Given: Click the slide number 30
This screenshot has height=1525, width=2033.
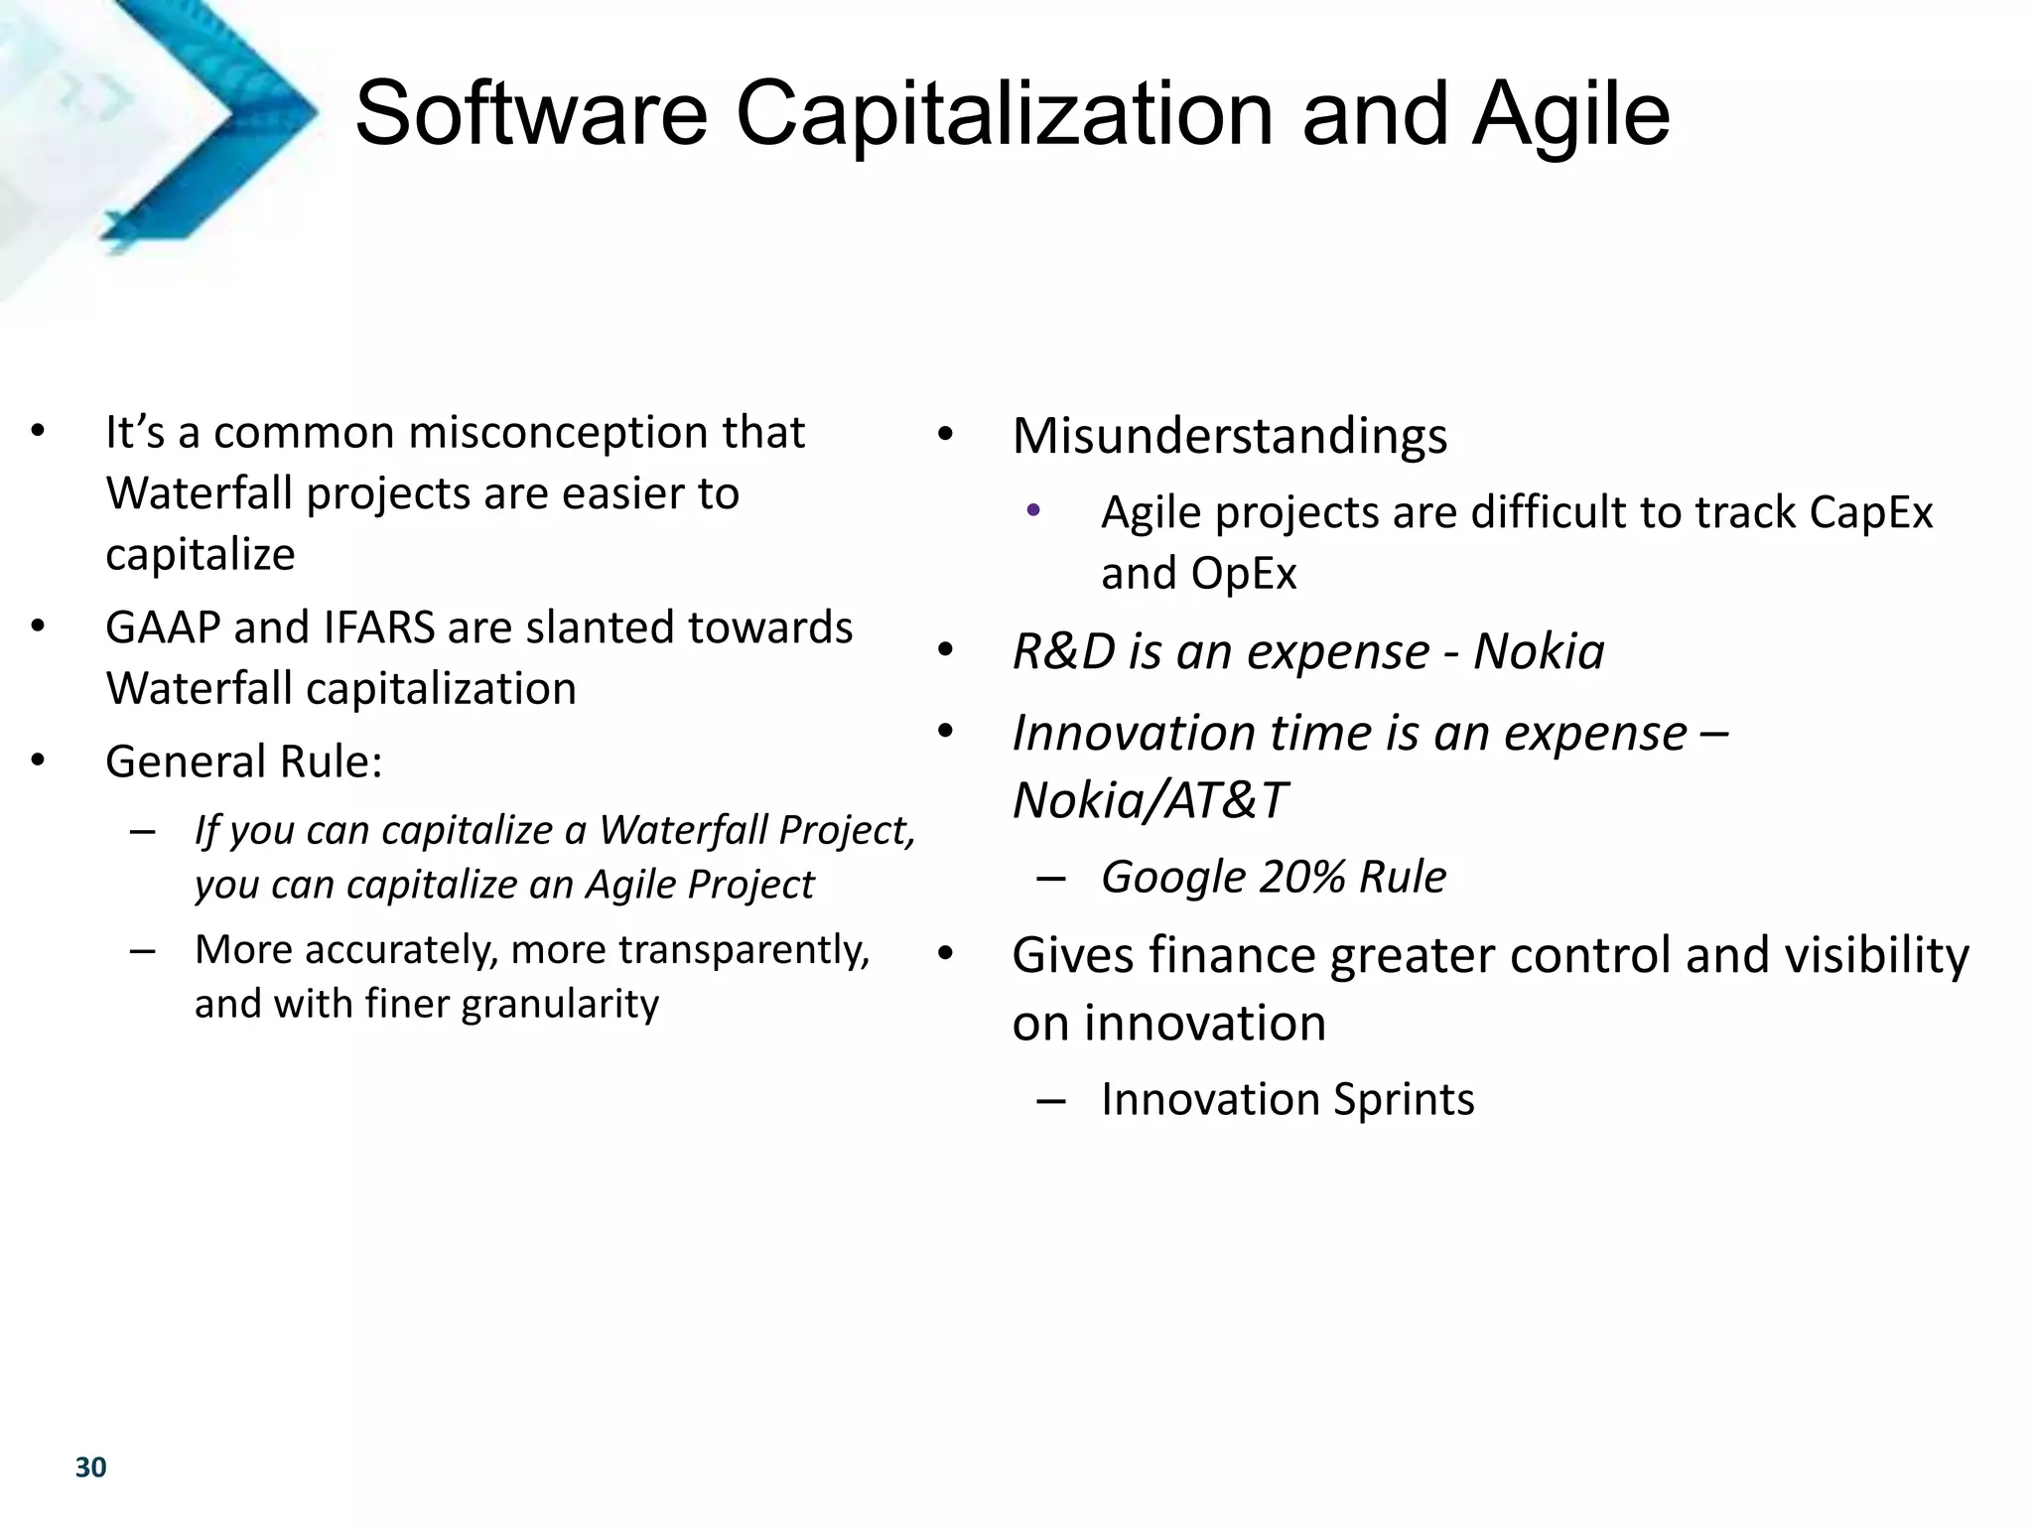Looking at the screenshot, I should pyautogui.click(x=90, y=1467).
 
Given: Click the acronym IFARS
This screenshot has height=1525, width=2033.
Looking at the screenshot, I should pyautogui.click(x=379, y=627).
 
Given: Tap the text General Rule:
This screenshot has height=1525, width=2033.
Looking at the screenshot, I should pyautogui.click(x=243, y=762).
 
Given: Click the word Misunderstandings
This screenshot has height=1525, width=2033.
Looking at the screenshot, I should pyautogui.click(x=1229, y=436).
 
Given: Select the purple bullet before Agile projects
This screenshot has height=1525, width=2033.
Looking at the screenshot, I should pyautogui.click(x=1033, y=511).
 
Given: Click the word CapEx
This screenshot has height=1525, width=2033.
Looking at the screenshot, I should pyautogui.click(x=1870, y=513).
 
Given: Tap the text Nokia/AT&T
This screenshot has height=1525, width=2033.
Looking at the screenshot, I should pyautogui.click(x=1149, y=800).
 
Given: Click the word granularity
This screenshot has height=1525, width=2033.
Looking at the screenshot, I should pyautogui.click(x=560, y=1004).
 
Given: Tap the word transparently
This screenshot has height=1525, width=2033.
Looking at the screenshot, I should pyautogui.click(x=744, y=950).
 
